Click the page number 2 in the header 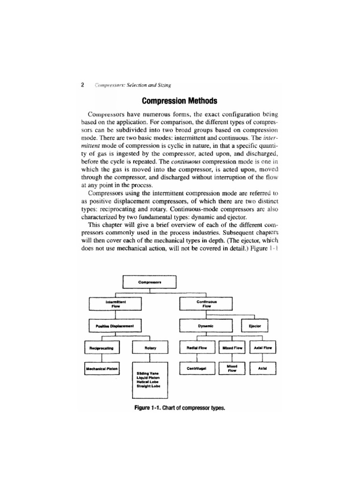pyautogui.click(x=82, y=85)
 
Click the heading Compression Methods pyautogui.click(x=180, y=101)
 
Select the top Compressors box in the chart pyautogui.click(x=150, y=282)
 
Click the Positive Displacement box pyautogui.click(x=114, y=325)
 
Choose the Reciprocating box pyautogui.click(x=101, y=348)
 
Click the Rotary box pyautogui.click(x=150, y=348)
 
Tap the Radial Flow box pyautogui.click(x=197, y=348)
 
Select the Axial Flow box pyautogui.click(x=263, y=348)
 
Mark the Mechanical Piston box pyautogui.click(x=101, y=369)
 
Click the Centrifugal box pyautogui.click(x=197, y=369)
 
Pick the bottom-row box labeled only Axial pyautogui.click(x=262, y=369)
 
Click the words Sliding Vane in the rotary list pyautogui.click(x=147, y=373)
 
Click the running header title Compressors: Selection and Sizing pyautogui.click(x=133, y=85)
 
